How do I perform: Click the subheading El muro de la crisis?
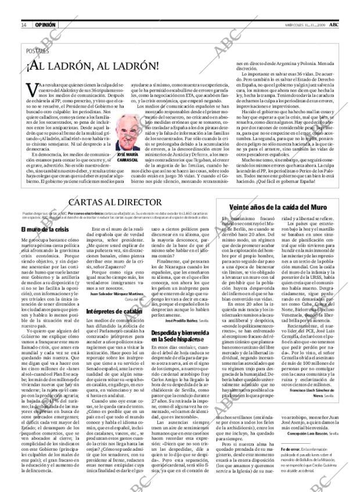tap(46, 214)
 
